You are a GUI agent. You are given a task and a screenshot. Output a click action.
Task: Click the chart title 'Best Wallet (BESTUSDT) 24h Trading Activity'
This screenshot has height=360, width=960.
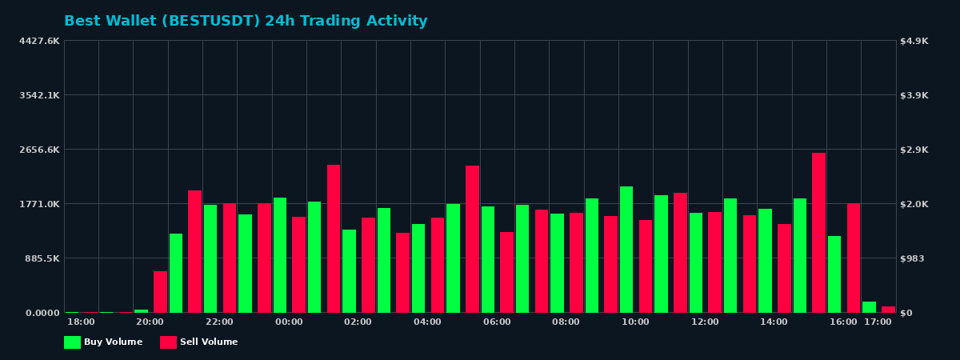click(x=246, y=21)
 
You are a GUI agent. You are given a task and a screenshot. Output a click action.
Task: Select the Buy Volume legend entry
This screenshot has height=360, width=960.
click(x=103, y=342)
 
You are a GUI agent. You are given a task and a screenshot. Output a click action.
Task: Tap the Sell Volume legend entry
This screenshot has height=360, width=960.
click(x=199, y=342)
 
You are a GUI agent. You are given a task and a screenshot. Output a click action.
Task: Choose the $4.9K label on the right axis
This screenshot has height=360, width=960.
click(x=914, y=41)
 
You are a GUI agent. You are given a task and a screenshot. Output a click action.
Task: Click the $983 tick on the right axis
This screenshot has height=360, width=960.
click(x=913, y=258)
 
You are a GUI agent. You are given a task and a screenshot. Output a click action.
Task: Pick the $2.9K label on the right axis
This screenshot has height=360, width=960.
click(x=914, y=150)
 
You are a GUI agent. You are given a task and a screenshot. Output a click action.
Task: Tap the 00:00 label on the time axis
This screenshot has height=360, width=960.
click(x=289, y=322)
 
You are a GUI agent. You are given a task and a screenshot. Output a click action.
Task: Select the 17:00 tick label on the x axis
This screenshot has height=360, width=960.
click(x=878, y=322)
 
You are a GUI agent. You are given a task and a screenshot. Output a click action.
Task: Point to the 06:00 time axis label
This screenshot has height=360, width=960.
click(x=497, y=322)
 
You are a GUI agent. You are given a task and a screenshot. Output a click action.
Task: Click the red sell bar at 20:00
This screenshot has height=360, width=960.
click(x=160, y=292)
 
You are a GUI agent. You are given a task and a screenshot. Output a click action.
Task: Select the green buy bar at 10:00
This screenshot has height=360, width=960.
click(x=626, y=250)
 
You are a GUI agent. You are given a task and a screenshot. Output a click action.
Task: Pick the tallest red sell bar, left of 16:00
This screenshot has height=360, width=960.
click(x=818, y=233)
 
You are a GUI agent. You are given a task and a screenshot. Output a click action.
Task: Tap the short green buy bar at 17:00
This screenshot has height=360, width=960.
click(x=869, y=307)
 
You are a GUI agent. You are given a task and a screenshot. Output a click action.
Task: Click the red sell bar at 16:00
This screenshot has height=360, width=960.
click(x=854, y=258)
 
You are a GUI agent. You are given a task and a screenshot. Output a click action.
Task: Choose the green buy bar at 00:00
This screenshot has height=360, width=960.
click(x=280, y=255)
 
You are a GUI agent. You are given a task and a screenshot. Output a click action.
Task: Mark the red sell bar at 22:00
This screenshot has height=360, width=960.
click(x=230, y=258)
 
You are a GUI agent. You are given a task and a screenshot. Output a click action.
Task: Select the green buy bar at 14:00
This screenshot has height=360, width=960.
click(x=765, y=261)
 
